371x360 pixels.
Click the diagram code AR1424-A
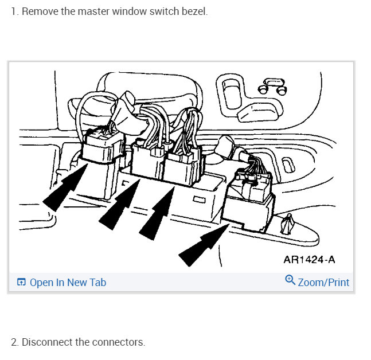coord(309,260)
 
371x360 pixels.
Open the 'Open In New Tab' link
coord(68,282)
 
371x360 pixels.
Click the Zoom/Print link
coord(323,282)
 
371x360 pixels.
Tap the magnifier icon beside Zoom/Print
coord(290,280)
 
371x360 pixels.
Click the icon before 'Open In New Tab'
coord(21,282)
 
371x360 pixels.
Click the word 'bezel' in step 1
coord(194,11)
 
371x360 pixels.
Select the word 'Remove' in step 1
coord(38,11)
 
